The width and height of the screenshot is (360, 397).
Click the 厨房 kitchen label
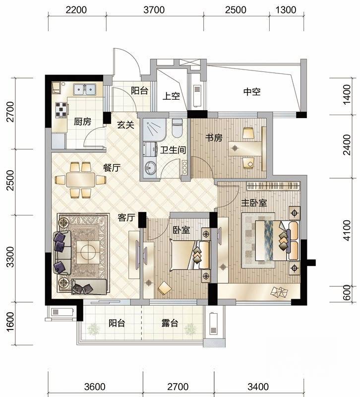(82, 122)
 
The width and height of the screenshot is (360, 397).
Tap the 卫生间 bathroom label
(173, 150)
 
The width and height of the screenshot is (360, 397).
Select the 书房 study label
(214, 138)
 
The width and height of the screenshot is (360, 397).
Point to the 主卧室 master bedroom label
(254, 203)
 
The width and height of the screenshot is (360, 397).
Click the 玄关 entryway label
(125, 125)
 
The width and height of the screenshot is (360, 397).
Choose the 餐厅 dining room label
(112, 168)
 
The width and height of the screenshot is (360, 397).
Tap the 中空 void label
(252, 92)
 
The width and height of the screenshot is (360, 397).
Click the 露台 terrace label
(170, 323)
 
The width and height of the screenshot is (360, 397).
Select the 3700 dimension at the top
(154, 10)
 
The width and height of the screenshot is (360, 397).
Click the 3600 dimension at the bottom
(95, 387)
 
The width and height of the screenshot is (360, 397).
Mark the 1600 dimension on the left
(10, 322)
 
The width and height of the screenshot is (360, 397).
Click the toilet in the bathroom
(177, 128)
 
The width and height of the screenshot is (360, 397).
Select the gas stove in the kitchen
(62, 110)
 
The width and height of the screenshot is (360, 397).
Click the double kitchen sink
(84, 89)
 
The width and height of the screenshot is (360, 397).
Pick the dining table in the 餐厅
(80, 180)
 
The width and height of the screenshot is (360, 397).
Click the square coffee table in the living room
(88, 252)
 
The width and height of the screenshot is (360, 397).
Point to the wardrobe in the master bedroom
(273, 186)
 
